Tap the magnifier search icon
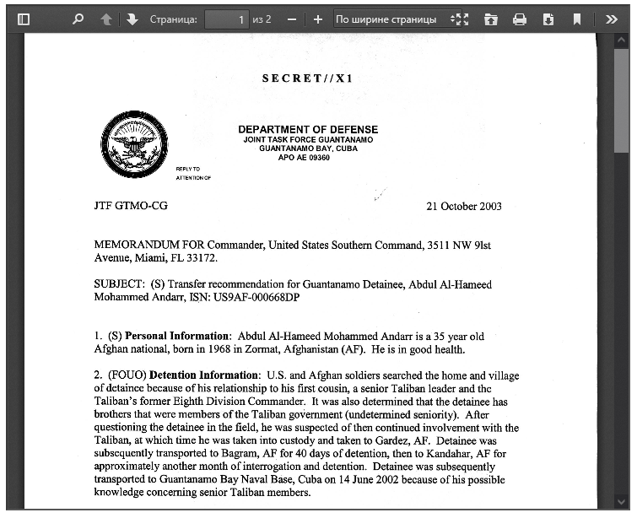tap(78, 19)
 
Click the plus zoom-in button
tap(317, 19)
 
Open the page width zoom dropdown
tap(392, 19)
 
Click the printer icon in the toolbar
tap(520, 19)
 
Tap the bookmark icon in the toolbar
tap(577, 19)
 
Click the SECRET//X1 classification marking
tap(307, 78)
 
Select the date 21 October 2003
tap(464, 206)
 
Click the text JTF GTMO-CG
tap(131, 206)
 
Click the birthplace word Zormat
tap(254, 349)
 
